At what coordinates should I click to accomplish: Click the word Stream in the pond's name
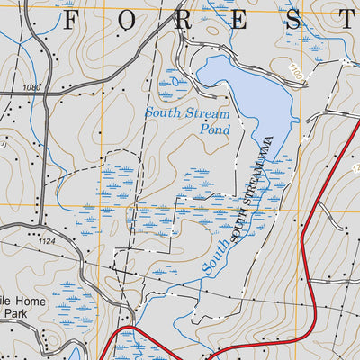209,113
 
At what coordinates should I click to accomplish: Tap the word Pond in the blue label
215,130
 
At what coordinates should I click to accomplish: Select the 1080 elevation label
34,87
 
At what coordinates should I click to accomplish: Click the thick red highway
311,270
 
